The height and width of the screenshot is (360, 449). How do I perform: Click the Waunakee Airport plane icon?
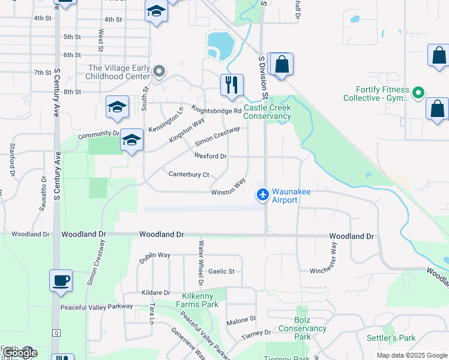pyautogui.click(x=262, y=194)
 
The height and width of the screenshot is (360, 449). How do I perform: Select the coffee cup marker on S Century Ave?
pyautogui.click(x=61, y=280)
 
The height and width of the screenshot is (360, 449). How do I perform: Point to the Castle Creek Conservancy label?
pyautogui.click(x=267, y=112)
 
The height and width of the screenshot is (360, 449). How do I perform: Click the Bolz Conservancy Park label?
pyautogui.click(x=302, y=332)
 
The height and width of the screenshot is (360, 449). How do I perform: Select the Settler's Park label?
pyautogui.click(x=391, y=338)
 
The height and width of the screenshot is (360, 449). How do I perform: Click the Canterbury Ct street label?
pyautogui.click(x=188, y=175)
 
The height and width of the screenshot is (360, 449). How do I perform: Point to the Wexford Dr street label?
pyautogui.click(x=210, y=156)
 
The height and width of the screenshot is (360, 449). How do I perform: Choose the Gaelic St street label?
pyautogui.click(x=221, y=271)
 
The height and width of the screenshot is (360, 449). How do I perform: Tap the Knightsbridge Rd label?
pyautogui.click(x=216, y=109)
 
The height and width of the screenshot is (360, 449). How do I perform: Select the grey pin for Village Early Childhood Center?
pyautogui.click(x=159, y=72)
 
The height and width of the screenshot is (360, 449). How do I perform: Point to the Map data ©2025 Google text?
pyautogui.click(x=411, y=355)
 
